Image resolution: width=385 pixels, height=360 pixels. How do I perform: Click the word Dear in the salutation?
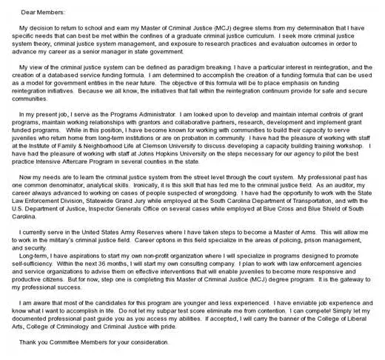coord(32,12)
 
